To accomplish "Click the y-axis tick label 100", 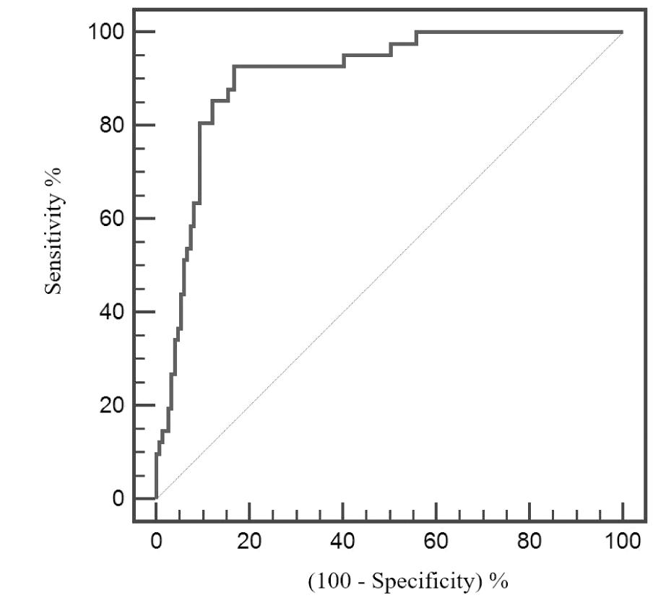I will coord(104,32).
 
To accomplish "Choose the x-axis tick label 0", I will coord(156,541).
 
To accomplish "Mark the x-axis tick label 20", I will coord(249,541).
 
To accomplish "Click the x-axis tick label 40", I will coord(342,541).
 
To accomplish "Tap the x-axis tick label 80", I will coord(529,541).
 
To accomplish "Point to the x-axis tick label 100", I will coord(623,541).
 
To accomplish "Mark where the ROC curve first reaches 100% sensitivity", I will coord(416,32).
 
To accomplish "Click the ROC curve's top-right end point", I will coord(622,32).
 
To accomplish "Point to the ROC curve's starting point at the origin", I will coord(156,498).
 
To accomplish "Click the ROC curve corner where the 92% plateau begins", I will coord(234,66).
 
